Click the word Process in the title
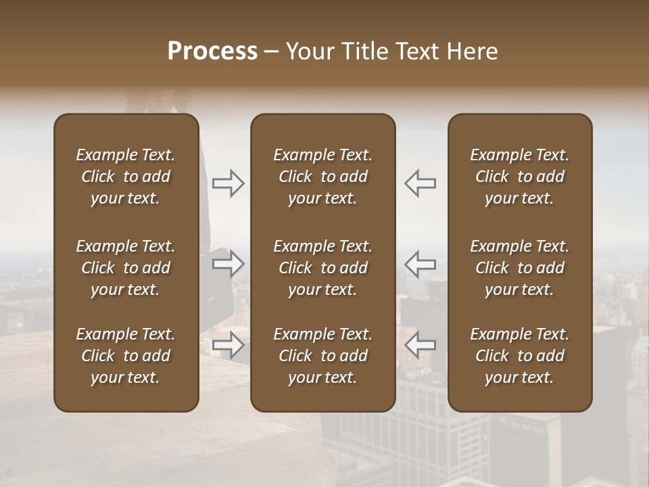click(212, 51)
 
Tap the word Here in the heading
click(471, 51)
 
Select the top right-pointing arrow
click(229, 183)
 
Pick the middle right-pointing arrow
click(229, 264)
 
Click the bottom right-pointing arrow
click(229, 345)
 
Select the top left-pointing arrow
click(420, 183)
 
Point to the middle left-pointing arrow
click(420, 264)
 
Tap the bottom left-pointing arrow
click(420, 345)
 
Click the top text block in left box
click(126, 177)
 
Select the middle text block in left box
click(126, 268)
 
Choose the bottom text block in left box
click(126, 356)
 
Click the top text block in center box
click(322, 177)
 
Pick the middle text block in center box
click(322, 268)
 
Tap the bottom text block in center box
click(322, 356)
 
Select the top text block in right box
click(520, 177)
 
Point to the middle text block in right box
click(520, 268)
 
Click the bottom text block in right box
click(520, 356)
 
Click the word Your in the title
click(310, 51)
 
